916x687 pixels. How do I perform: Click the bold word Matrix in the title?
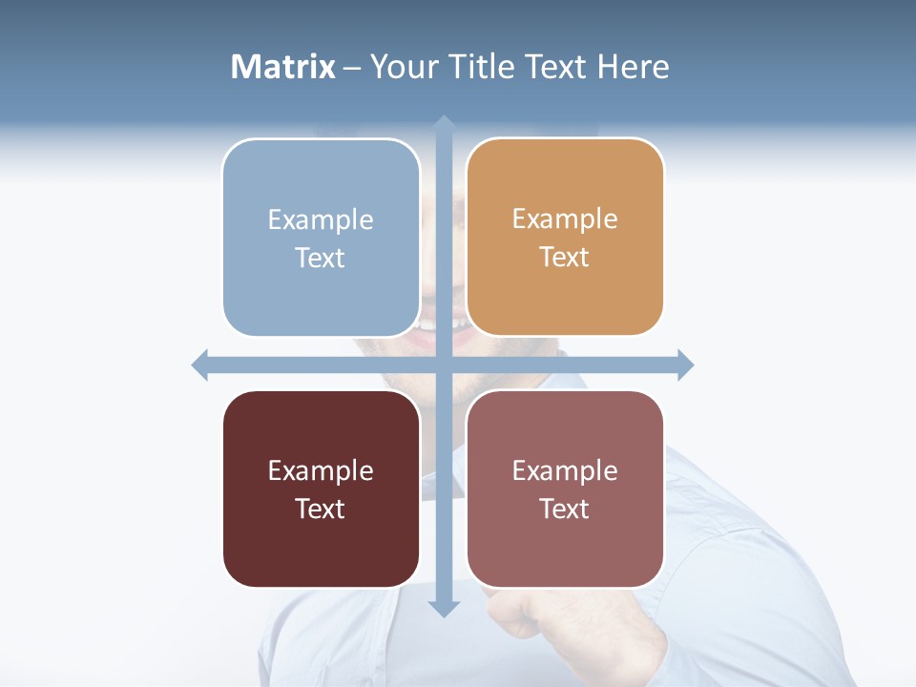pyautogui.click(x=283, y=67)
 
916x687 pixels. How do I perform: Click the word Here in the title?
pyautogui.click(x=634, y=67)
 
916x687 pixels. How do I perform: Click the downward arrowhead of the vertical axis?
pyautogui.click(x=444, y=608)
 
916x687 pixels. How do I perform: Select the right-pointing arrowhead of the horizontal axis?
pyautogui.click(x=685, y=364)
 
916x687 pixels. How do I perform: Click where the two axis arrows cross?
pyautogui.click(x=444, y=364)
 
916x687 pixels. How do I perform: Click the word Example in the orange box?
pyautogui.click(x=565, y=219)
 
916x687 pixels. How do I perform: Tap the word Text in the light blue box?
pyautogui.click(x=321, y=259)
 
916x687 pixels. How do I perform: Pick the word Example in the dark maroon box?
pyautogui.click(x=321, y=470)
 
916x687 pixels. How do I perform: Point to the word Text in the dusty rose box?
pyautogui.click(x=565, y=510)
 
